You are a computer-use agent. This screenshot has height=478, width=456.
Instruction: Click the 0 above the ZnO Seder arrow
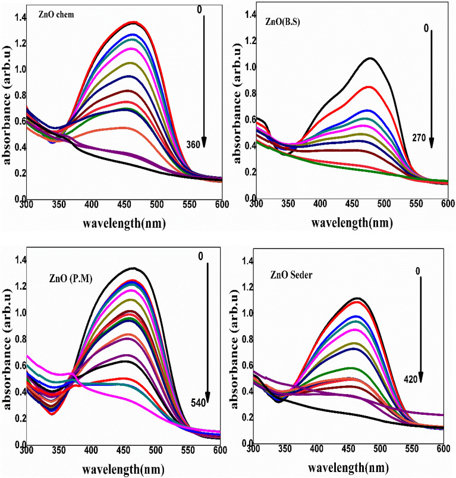(x=417, y=271)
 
